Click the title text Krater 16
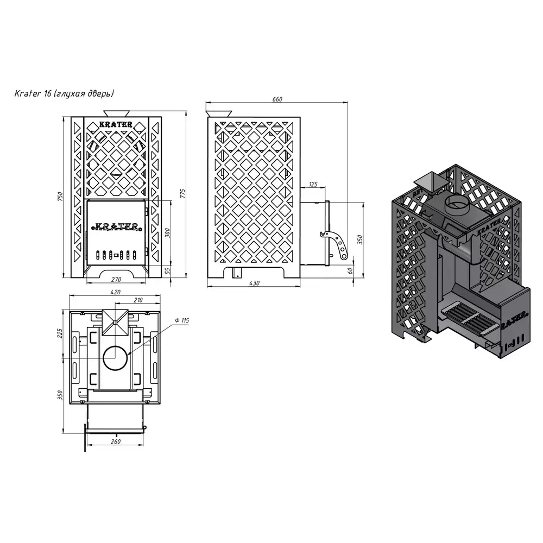pyautogui.click(x=33, y=93)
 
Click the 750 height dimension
pyautogui.click(x=61, y=197)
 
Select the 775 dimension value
pyautogui.click(x=183, y=194)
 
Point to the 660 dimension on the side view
pyautogui.click(x=277, y=99)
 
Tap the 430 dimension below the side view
pyautogui.click(x=254, y=283)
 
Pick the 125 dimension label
pyautogui.click(x=313, y=184)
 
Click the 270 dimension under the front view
pyautogui.click(x=116, y=280)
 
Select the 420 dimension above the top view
pyautogui.click(x=115, y=292)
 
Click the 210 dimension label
pyautogui.click(x=138, y=300)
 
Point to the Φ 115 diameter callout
pyautogui.click(x=182, y=320)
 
